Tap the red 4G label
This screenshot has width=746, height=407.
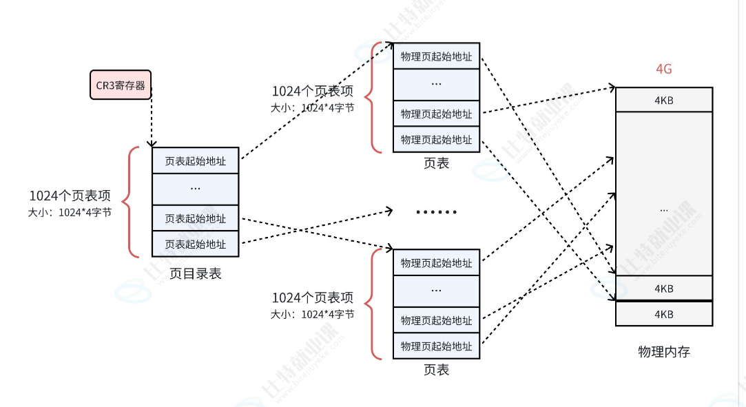(x=663, y=70)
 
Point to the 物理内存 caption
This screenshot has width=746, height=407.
(x=663, y=352)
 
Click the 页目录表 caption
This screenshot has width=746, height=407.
(x=195, y=273)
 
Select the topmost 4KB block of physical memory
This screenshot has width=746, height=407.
(x=663, y=100)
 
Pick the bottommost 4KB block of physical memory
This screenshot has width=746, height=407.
(x=663, y=314)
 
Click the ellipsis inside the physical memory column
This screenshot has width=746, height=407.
(x=663, y=208)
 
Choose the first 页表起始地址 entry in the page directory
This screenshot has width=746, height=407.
(x=195, y=161)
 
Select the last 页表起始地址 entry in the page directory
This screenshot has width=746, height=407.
(x=195, y=244)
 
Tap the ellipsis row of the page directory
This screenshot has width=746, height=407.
(x=195, y=188)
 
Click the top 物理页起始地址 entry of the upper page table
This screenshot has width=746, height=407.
(x=436, y=56)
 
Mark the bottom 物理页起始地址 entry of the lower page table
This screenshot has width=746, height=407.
(x=436, y=346)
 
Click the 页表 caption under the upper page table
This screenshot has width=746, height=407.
(x=436, y=163)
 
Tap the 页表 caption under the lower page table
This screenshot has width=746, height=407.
(x=436, y=370)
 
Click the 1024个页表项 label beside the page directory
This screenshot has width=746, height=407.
(x=70, y=196)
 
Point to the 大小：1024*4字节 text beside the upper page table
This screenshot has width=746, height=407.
(x=313, y=107)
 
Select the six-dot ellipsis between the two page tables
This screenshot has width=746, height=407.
(x=436, y=211)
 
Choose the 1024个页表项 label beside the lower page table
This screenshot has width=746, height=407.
(x=313, y=298)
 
